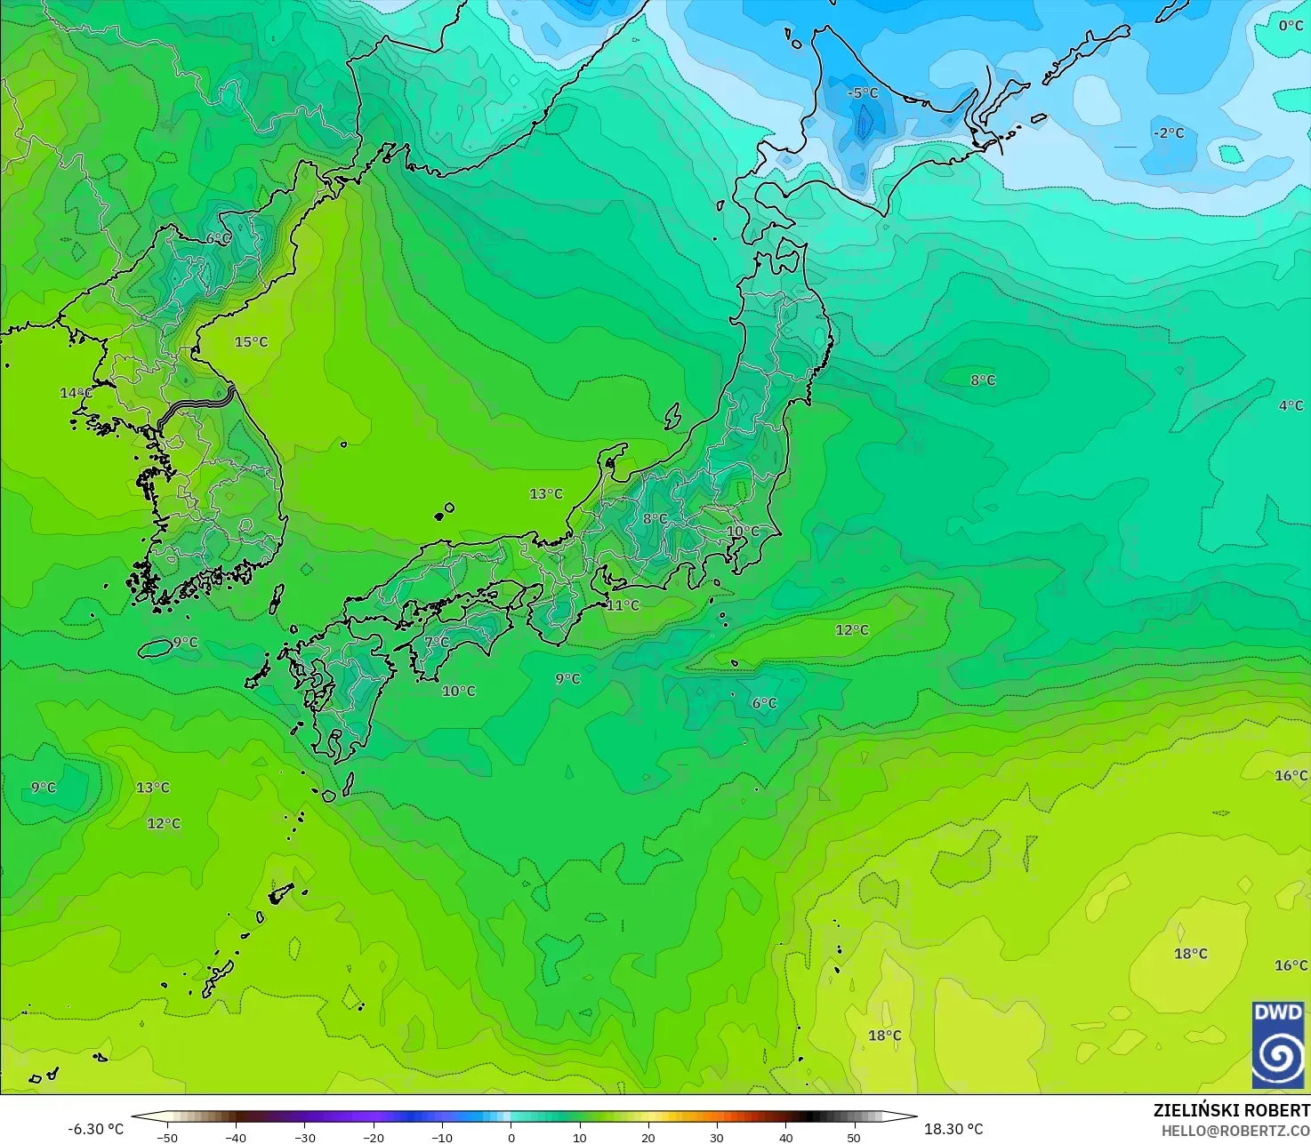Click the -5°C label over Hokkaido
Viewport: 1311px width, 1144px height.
click(x=862, y=92)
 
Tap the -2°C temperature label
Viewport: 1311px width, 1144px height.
click(x=1169, y=133)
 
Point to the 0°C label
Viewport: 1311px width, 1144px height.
click(x=1291, y=26)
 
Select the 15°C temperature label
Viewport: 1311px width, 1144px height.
click(x=251, y=342)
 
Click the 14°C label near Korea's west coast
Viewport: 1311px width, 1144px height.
click(x=76, y=393)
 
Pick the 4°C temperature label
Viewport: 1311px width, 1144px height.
click(x=1291, y=406)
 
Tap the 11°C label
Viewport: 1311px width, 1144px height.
click(x=623, y=605)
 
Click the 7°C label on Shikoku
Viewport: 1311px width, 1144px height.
click(x=437, y=642)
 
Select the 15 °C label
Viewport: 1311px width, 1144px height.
click(x=251, y=342)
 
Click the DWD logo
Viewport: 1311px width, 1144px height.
click(x=1278, y=1044)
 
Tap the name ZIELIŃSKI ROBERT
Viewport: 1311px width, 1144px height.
click(x=1231, y=1110)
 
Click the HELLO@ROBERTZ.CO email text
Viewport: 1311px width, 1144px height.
click(x=1235, y=1131)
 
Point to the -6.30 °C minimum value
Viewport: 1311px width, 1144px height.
click(x=95, y=1129)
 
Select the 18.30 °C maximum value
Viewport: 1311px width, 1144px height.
click(x=953, y=1129)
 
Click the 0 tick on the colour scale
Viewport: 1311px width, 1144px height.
click(x=511, y=1137)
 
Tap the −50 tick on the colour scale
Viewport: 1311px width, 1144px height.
click(x=166, y=1137)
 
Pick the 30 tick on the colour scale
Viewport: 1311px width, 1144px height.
click(x=717, y=1137)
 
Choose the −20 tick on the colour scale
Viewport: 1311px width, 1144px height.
click(x=373, y=1137)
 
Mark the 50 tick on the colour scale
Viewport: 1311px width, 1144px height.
click(x=854, y=1137)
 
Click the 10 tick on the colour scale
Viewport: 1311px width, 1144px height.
click(x=579, y=1137)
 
